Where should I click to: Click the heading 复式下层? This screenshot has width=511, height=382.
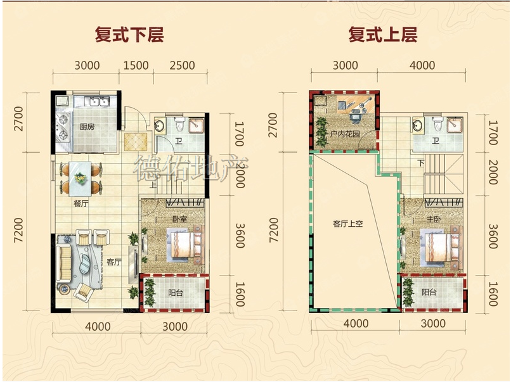point(129,34)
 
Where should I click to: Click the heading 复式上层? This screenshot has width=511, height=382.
point(383,34)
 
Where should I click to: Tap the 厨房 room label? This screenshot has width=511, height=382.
point(87,127)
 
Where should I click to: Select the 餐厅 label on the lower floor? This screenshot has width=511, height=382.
point(81,204)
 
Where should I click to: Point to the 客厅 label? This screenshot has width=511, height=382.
point(113,262)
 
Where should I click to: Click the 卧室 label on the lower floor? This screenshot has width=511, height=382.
point(180,219)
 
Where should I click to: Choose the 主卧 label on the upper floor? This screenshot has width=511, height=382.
point(434,219)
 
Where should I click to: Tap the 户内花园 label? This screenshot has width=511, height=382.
point(345,134)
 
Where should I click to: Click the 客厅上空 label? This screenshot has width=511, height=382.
point(347,224)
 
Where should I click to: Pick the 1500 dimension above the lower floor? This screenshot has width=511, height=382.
point(136,65)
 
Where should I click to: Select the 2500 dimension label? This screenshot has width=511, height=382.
point(182,65)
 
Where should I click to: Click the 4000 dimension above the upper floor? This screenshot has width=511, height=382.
point(422,65)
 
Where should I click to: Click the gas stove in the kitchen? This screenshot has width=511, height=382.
point(63,127)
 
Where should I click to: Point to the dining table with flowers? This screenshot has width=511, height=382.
point(81,179)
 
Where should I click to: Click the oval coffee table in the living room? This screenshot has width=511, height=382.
point(86,264)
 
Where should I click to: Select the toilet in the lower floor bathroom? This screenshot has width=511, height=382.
point(180,124)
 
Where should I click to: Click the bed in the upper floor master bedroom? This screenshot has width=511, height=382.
point(442,245)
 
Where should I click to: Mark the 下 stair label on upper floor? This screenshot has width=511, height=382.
point(421,163)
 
